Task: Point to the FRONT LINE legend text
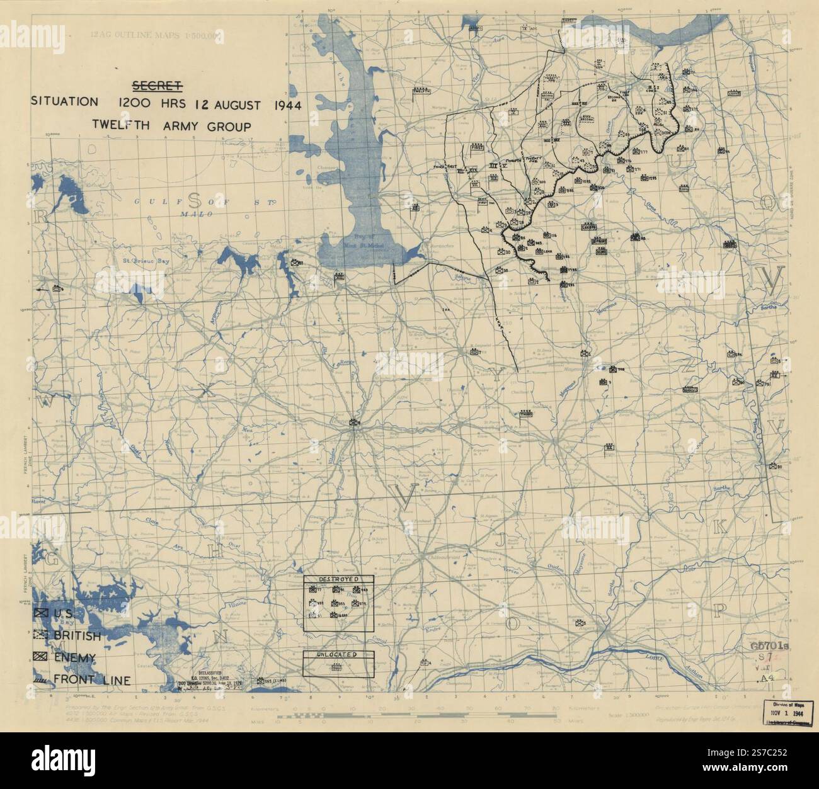[x=93, y=679]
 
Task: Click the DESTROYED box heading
[x=338, y=579]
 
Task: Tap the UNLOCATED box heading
[x=338, y=654]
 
